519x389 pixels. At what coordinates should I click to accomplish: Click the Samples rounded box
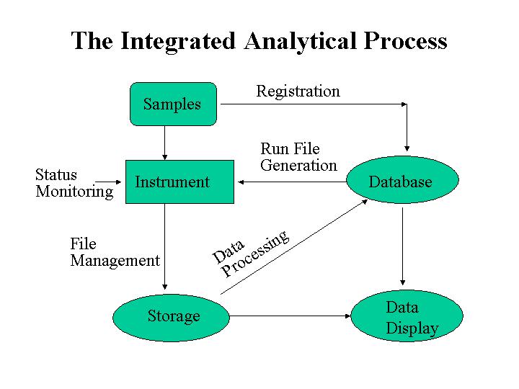(x=174, y=104)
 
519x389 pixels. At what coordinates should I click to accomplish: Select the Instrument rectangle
(x=179, y=182)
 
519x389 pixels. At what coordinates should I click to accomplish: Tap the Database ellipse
(x=402, y=179)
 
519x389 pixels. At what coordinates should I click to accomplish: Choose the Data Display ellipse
(x=407, y=316)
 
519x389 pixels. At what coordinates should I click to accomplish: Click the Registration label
(x=298, y=91)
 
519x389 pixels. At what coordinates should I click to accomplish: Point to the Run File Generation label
(x=298, y=157)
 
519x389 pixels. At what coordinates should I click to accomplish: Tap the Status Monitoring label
(x=74, y=183)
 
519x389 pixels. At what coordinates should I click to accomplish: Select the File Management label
(x=115, y=252)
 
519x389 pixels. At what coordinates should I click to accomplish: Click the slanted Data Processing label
(x=251, y=253)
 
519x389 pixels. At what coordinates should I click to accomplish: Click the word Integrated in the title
(x=178, y=41)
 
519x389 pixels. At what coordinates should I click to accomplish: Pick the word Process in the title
(x=405, y=41)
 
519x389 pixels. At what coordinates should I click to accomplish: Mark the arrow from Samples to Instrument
(x=165, y=143)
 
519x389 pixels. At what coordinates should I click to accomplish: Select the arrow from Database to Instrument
(x=292, y=182)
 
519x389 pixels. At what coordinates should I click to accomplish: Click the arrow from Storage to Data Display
(x=290, y=316)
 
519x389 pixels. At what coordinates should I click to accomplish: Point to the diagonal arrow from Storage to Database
(x=294, y=247)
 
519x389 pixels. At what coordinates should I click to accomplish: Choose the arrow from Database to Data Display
(x=402, y=246)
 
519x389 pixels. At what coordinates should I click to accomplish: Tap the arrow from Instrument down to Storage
(x=165, y=247)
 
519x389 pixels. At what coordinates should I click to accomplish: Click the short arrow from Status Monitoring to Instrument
(x=108, y=182)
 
